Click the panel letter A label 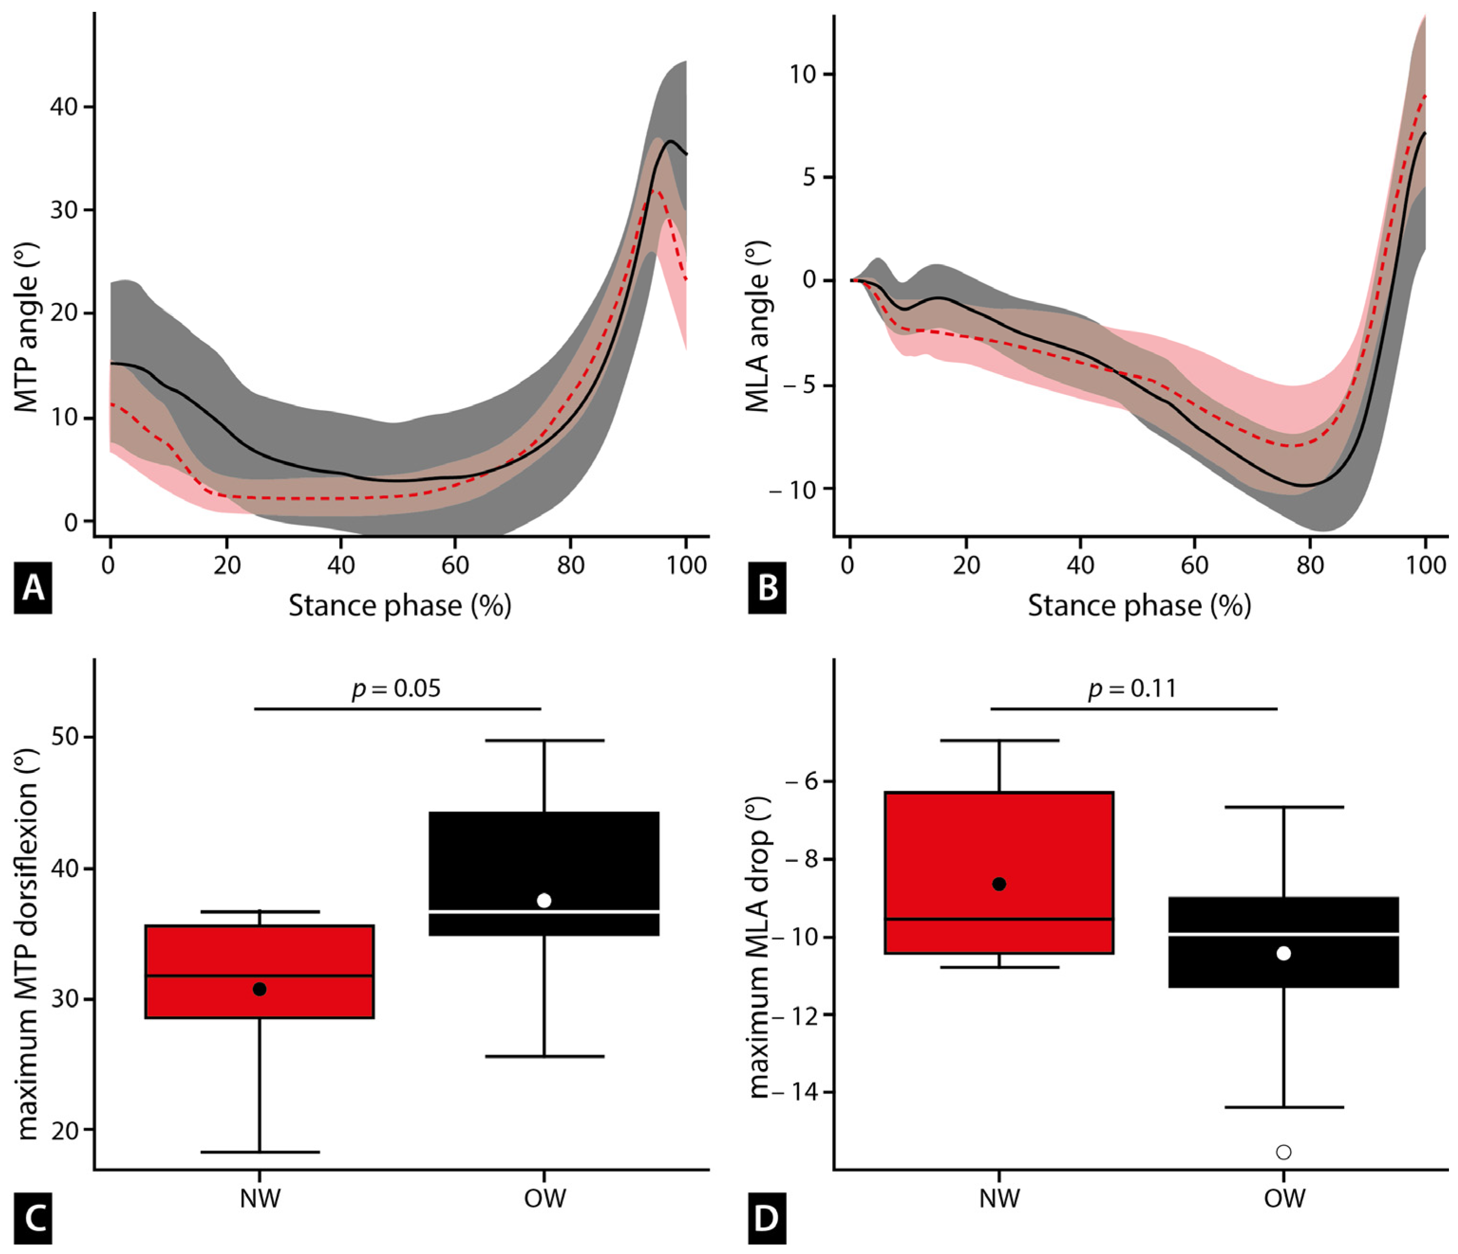(x=32, y=588)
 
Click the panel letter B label (x=767, y=588)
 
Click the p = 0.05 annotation (x=396, y=688)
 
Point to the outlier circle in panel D (x=1283, y=1152)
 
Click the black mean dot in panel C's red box (x=259, y=989)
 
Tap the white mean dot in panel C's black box (x=544, y=900)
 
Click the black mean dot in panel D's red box (x=999, y=884)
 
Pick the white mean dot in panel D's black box (x=1283, y=954)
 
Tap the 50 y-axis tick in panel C (x=65, y=738)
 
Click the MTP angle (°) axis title (x=26, y=327)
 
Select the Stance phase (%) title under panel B (x=1139, y=605)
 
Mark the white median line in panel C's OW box (x=544, y=912)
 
